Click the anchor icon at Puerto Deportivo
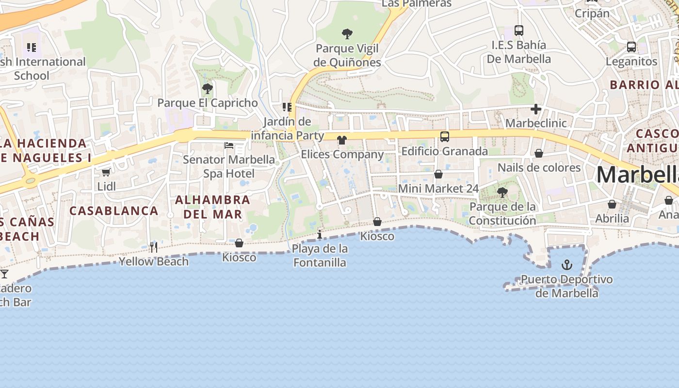tap(566, 265)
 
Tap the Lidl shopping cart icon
tap(106, 172)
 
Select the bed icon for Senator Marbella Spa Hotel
tap(229, 145)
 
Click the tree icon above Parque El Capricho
tap(207, 89)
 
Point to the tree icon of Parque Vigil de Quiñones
tap(347, 34)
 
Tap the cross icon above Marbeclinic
tap(535, 109)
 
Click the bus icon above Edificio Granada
tap(444, 137)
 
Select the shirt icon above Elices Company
tap(342, 140)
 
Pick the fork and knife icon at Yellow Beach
tap(153, 247)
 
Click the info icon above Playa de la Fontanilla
tap(319, 235)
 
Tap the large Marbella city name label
tap(637, 175)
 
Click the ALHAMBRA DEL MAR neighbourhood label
tap(212, 207)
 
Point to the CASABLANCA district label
tap(114, 210)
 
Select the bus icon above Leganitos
tap(631, 47)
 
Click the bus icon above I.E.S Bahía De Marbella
tap(518, 31)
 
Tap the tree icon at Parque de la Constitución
tap(502, 193)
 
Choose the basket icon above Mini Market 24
tap(438, 174)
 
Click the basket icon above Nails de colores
tap(538, 153)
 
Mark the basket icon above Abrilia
tap(612, 204)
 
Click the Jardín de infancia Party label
tap(287, 128)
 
